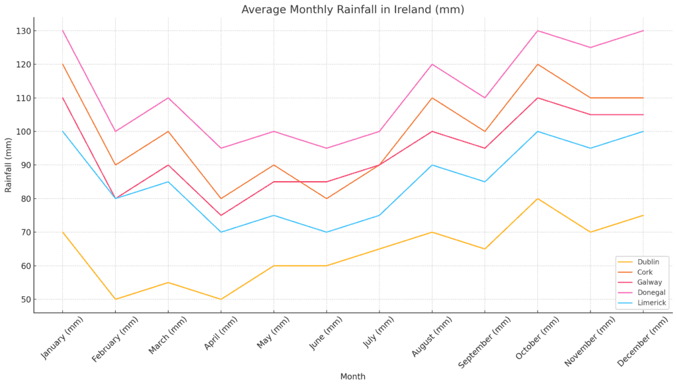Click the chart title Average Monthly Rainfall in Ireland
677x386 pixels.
[x=352, y=10]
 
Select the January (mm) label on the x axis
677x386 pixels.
[x=63, y=337]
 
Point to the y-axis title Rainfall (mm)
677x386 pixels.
[x=9, y=165]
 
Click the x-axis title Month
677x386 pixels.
[x=352, y=377]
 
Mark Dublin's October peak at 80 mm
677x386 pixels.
[x=538, y=199]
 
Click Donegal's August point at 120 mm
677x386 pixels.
[x=432, y=64]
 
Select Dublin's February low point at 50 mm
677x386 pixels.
[x=116, y=299]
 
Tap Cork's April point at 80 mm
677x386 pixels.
[x=221, y=199]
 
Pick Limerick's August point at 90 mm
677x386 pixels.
[x=432, y=165]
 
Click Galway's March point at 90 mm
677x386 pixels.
[x=168, y=165]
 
